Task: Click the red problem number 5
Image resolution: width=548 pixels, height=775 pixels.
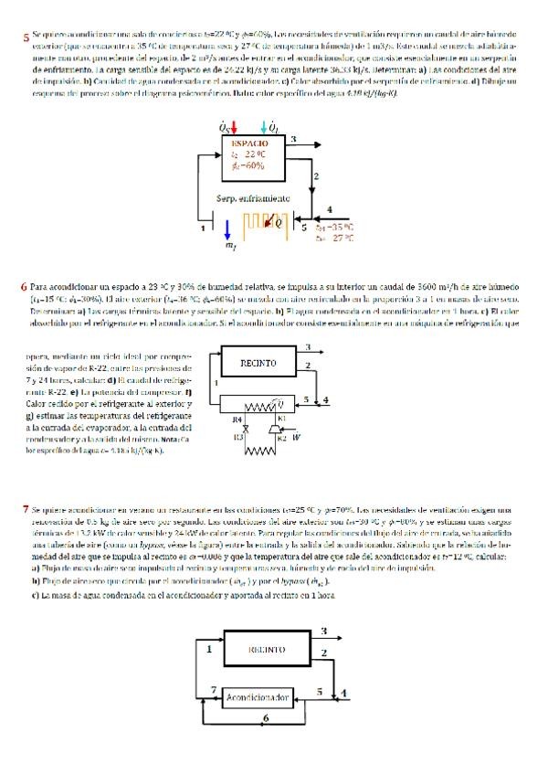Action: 26,38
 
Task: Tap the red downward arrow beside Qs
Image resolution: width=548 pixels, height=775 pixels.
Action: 236,127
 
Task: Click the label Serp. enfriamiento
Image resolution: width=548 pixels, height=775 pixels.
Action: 253,197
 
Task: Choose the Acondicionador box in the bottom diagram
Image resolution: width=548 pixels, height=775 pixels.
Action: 258,697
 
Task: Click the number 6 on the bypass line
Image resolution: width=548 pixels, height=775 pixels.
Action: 265,720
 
